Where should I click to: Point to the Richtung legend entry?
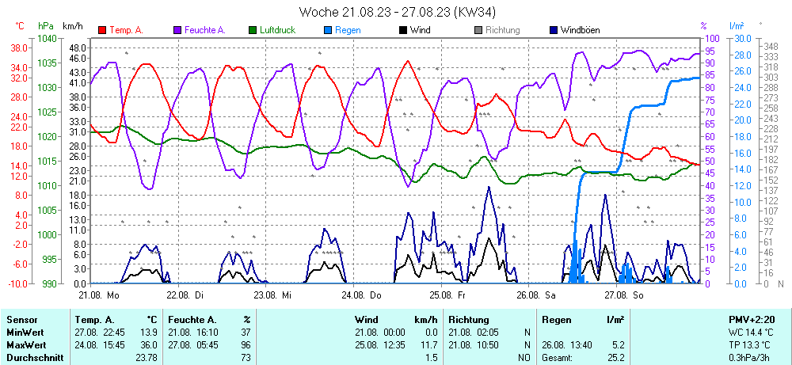pyautogui.click(x=502, y=30)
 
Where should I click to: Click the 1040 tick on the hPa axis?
pyautogui.click(x=47, y=38)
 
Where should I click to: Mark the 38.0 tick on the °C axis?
pyautogui.click(x=19, y=48)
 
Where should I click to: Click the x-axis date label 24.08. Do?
pyautogui.click(x=364, y=295)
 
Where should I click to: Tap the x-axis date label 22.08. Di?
pyautogui.click(x=188, y=295)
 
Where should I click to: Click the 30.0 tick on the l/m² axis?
pyautogui.click(x=742, y=38)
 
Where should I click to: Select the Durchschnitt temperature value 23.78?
pyautogui.click(x=145, y=358)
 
